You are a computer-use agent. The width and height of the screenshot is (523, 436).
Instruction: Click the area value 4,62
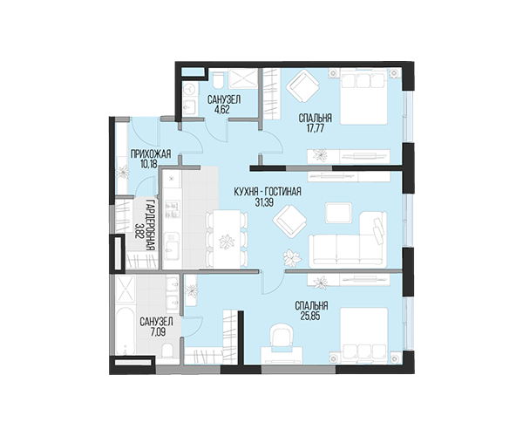[221, 109]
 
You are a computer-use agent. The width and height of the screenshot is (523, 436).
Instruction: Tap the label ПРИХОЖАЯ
[151, 153]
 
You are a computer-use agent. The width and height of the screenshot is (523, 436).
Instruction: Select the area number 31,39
[264, 202]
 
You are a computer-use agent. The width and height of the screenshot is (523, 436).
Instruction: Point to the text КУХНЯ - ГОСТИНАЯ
[268, 192]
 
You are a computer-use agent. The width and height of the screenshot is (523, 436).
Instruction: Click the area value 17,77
[315, 128]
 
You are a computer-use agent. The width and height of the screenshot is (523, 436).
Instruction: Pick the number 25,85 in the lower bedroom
[311, 316]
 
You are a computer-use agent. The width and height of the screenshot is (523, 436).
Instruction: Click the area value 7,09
[157, 332]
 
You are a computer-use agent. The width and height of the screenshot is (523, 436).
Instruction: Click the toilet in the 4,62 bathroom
[219, 80]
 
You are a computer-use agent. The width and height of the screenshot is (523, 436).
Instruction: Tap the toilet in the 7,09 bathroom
[167, 351]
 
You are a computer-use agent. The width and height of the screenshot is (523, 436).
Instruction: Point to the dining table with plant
[227, 239]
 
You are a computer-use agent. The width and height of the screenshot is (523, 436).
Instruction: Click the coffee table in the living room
[338, 213]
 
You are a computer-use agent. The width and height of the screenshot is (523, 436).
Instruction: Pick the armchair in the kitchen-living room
[289, 221]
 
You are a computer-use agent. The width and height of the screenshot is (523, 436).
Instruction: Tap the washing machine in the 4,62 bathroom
[190, 90]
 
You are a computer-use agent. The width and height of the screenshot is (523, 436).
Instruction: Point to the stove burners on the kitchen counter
[172, 209]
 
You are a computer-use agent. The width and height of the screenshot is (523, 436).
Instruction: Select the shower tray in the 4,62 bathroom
[243, 79]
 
